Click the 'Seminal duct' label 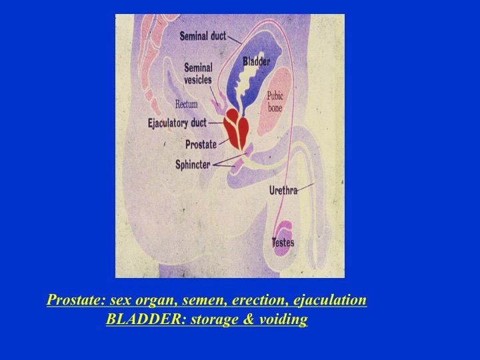[203, 36]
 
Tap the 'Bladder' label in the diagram [256, 62]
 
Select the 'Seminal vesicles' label [198, 74]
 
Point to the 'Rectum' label [187, 104]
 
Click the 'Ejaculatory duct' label [177, 123]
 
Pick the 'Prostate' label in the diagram [201, 144]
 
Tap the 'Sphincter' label [194, 163]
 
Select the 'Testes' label [283, 243]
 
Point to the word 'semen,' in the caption [180, 301]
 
